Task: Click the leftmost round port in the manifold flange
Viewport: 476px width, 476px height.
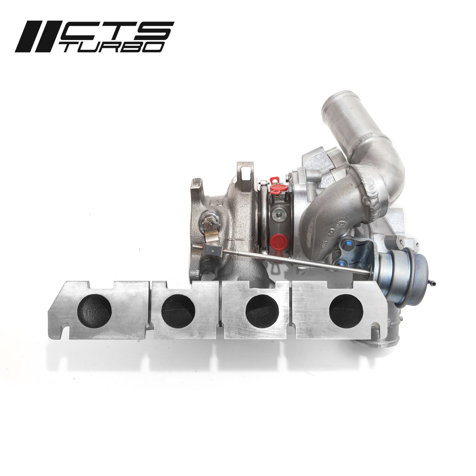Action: [94, 311]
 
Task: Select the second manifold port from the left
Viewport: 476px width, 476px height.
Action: [178, 311]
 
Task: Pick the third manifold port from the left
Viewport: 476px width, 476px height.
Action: [262, 311]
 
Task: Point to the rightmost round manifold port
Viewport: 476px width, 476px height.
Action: [346, 311]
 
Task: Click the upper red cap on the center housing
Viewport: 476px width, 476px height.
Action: [278, 187]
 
